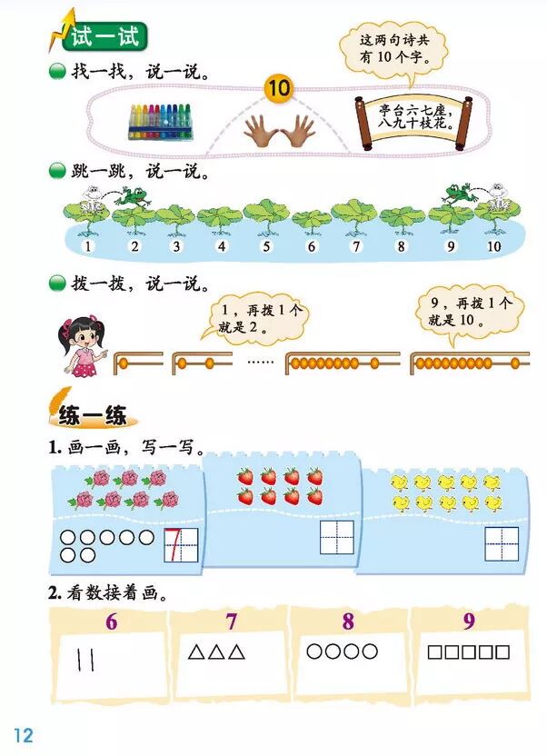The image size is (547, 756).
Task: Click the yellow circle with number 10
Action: coord(278,88)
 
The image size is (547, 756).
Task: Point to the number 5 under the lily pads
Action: coord(266,246)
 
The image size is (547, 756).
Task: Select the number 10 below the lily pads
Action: coord(493,246)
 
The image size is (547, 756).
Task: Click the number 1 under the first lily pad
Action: coord(88,246)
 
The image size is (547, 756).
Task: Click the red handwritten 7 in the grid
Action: coord(180,547)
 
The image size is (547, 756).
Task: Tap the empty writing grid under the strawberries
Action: coord(335,536)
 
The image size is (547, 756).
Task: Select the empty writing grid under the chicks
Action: coord(501,543)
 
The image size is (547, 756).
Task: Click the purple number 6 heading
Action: coord(111,622)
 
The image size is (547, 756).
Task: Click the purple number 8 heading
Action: coord(348,622)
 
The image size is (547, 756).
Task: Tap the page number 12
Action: coord(24,734)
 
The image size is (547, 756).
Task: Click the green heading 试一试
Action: coord(99,39)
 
